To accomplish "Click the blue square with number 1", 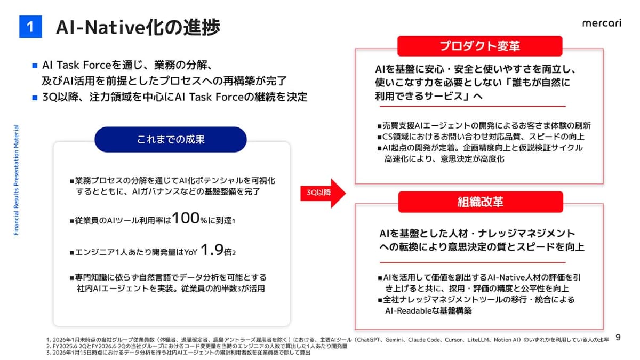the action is pyautogui.click(x=30, y=27).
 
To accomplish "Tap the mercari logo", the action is pyautogui.click(x=602, y=23).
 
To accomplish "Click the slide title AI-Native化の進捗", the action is pyautogui.click(x=138, y=27).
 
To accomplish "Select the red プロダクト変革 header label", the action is pyautogui.click(x=479, y=46).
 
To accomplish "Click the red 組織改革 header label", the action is pyautogui.click(x=481, y=202).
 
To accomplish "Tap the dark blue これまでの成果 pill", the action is pyautogui.click(x=171, y=139).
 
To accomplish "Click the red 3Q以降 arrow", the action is pyautogui.click(x=323, y=193).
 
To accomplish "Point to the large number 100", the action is pyautogui.click(x=186, y=218).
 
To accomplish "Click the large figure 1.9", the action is pyautogui.click(x=212, y=250).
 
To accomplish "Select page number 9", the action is pyautogui.click(x=618, y=338).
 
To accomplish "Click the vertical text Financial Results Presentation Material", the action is pyautogui.click(x=16, y=180).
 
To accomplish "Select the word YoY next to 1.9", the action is pyautogui.click(x=191, y=252).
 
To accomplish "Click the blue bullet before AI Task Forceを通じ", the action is pyautogui.click(x=35, y=66).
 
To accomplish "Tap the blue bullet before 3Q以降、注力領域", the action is pyautogui.click(x=35, y=98).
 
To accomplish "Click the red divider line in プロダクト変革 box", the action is pyautogui.click(x=473, y=106).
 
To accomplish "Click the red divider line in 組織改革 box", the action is pyautogui.click(x=473, y=262).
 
